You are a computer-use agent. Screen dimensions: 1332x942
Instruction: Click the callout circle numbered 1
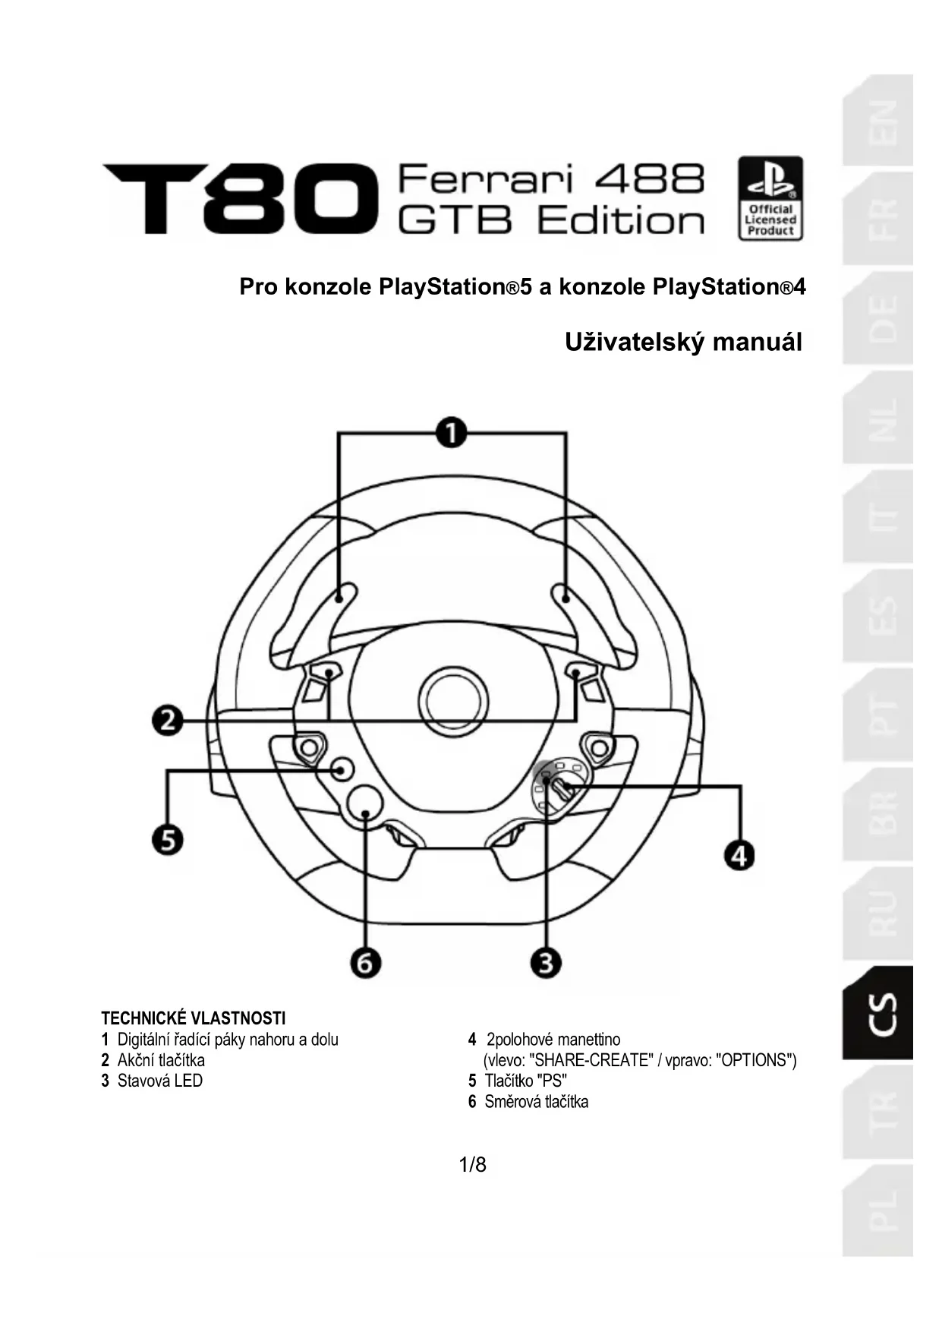[452, 433]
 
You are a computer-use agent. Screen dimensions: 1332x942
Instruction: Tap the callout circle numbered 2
[168, 719]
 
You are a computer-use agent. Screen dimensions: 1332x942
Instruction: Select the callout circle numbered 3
[545, 963]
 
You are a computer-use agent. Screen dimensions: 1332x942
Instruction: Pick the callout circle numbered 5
[168, 841]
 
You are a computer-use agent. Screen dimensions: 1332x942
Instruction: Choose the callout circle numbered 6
[365, 963]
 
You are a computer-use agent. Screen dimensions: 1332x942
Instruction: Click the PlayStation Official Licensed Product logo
[770, 198]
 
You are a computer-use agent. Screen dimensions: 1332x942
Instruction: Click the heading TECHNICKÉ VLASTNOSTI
[194, 1018]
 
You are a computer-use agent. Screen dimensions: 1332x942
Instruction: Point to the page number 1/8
[472, 1164]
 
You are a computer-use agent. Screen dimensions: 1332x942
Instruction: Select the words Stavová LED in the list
[160, 1081]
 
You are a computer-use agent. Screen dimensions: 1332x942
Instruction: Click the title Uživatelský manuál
[683, 342]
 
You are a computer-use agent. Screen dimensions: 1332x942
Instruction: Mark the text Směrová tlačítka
[536, 1101]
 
